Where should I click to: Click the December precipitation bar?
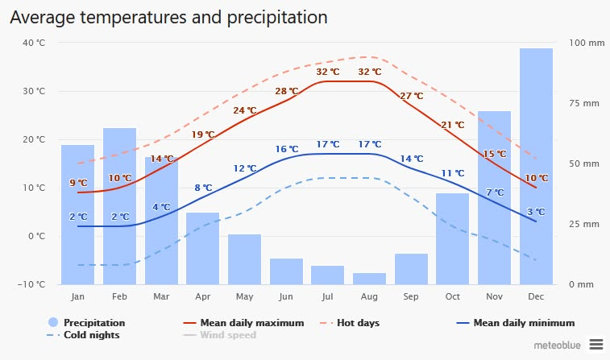pos(536,166)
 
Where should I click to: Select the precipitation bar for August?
pos(369,279)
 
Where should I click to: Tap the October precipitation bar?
pos(453,238)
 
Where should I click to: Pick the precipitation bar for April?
pos(202,248)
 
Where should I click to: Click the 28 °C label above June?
pos(286,91)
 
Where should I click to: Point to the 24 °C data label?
pos(245,110)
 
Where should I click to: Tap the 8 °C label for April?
pos(203,188)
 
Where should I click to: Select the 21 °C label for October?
pos(453,125)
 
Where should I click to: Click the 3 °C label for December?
pos(536,212)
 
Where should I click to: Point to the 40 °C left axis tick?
pos(34,43)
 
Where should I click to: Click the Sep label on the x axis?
pos(411,297)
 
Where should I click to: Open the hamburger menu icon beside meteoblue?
pos(595,343)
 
